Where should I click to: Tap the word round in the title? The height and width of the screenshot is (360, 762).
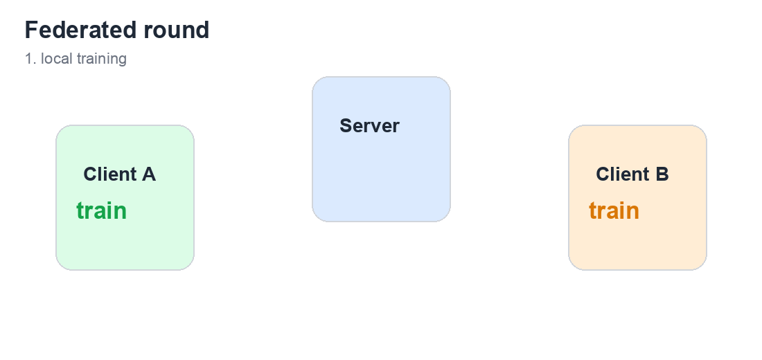coord(177,30)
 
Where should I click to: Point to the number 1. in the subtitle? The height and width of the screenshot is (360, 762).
coord(30,59)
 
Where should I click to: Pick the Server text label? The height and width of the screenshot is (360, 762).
coord(369,126)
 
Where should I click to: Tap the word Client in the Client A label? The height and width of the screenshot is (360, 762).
coord(110,174)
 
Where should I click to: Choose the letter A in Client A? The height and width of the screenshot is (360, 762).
coord(149,174)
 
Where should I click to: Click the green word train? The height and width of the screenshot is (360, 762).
coord(102,211)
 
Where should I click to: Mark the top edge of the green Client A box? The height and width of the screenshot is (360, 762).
coord(125,125)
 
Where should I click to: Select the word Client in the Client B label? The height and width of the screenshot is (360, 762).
coord(623,174)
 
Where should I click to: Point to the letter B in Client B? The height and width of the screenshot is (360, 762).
coord(662,174)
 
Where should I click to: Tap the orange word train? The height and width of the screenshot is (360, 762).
coord(614,211)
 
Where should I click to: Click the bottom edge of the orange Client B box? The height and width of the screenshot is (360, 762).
coord(637,269)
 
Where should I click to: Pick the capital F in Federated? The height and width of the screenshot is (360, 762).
coord(31,30)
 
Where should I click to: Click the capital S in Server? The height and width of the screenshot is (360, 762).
coord(346,126)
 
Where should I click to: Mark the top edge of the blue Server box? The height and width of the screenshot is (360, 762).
coord(381,77)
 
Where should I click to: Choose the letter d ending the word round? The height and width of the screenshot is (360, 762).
coord(203,30)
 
